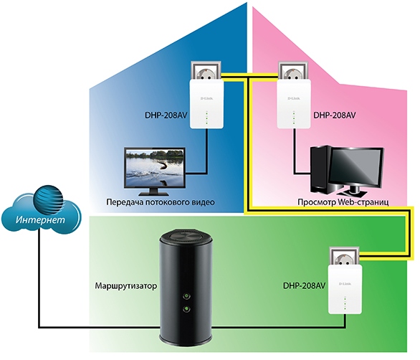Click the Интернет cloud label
[40, 219]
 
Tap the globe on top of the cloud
[49, 199]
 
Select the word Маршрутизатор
[126, 286]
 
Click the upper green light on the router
[186, 296]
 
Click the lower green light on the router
[186, 310]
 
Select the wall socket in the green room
[345, 257]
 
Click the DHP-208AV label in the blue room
[166, 115]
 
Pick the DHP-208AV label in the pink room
[335, 115]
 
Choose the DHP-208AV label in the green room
[305, 285]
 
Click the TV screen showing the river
[155, 167]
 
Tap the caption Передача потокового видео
[161, 202]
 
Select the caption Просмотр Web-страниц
[343, 202]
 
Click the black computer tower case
[320, 169]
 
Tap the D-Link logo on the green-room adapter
[345, 284]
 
